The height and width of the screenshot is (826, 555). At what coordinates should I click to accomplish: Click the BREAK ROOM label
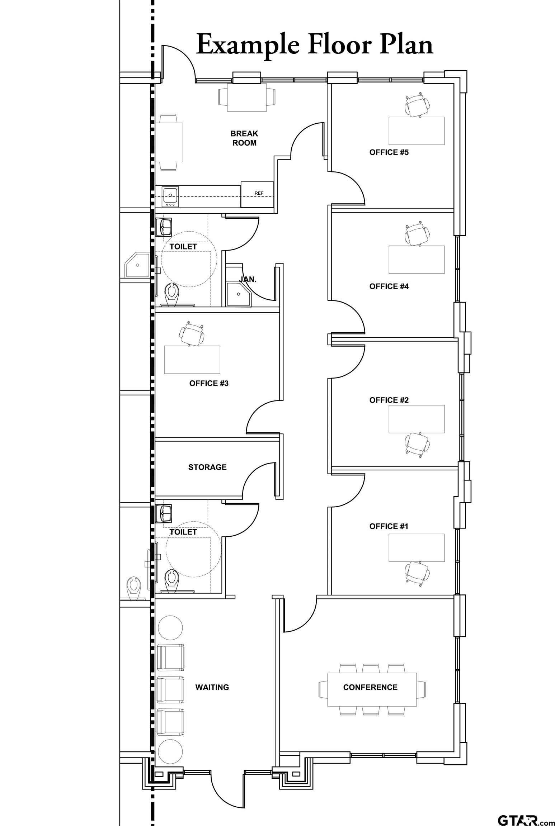[244, 138]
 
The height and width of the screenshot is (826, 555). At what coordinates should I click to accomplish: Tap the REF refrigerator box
[257, 194]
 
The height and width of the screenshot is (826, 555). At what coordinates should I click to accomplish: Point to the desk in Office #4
[417, 260]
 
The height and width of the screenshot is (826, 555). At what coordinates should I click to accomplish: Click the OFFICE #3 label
[209, 383]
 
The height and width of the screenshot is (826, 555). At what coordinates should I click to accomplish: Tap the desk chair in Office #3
[192, 334]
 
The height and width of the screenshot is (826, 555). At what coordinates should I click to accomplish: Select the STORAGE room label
[207, 467]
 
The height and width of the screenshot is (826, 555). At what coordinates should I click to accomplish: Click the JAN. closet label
[248, 279]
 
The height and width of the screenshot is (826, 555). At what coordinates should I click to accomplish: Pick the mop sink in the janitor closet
[238, 294]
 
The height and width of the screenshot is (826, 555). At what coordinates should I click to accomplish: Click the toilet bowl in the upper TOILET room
[171, 294]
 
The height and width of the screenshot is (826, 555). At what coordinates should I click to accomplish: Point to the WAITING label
[212, 687]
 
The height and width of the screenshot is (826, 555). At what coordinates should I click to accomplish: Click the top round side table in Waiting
[170, 628]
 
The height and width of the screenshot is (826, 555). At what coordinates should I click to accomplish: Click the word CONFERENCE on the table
[370, 687]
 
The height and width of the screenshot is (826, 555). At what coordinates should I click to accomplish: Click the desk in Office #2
[417, 419]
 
